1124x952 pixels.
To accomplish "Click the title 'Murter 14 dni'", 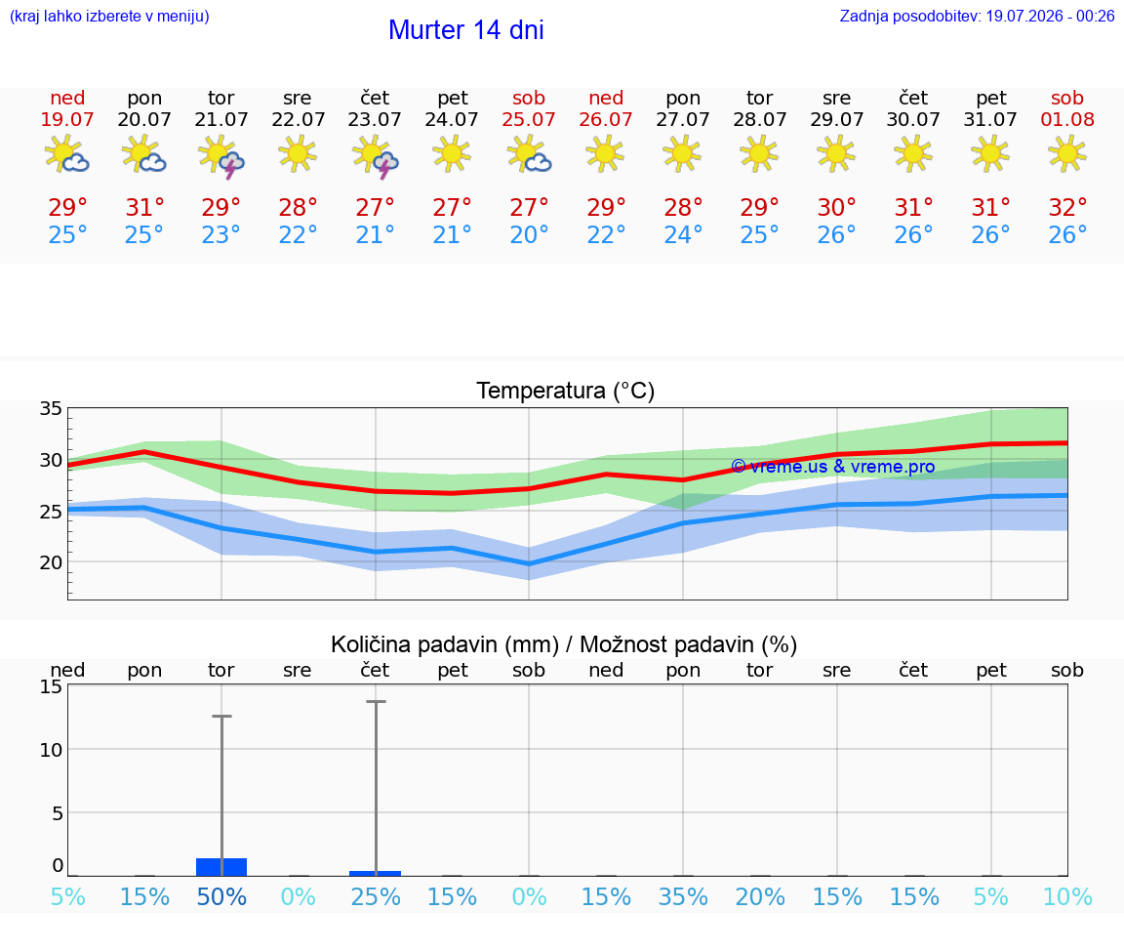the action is pyautogui.click(x=466, y=30).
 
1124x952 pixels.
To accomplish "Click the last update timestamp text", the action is pyautogui.click(x=977, y=16).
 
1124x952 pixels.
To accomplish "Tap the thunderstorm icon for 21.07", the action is pyautogui.click(x=221, y=155).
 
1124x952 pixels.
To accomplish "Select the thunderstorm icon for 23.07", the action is pyautogui.click(x=375, y=155).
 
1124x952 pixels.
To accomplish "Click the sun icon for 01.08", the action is pyautogui.click(x=1067, y=153).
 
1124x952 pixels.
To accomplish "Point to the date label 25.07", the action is pyautogui.click(x=528, y=119).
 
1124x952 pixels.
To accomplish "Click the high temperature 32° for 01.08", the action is pyautogui.click(x=1067, y=207).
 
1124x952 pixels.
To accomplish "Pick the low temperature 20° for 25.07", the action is pyautogui.click(x=528, y=234).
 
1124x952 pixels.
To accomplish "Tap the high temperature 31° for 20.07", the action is pyautogui.click(x=144, y=207).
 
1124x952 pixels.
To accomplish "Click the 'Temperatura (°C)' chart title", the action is pyautogui.click(x=566, y=391).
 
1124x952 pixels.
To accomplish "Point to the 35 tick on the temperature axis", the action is pyautogui.click(x=51, y=409).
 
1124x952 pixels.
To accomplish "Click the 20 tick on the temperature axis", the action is pyautogui.click(x=51, y=562).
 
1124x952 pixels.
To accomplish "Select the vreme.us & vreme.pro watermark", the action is pyautogui.click(x=833, y=467).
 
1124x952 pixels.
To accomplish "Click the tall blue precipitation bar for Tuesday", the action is pyautogui.click(x=221, y=867).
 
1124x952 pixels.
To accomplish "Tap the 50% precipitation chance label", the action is pyautogui.click(x=221, y=896).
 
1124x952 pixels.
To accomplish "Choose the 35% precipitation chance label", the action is pyautogui.click(x=683, y=896).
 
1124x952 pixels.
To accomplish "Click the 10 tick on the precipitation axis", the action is pyautogui.click(x=51, y=750).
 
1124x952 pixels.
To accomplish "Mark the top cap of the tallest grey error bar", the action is pyautogui.click(x=376, y=702).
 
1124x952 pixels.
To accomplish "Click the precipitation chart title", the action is pyautogui.click(x=564, y=644).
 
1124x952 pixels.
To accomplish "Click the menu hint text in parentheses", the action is pyautogui.click(x=109, y=16).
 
